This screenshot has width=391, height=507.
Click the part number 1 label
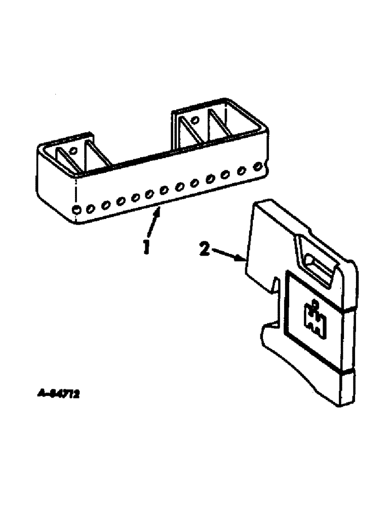click(146, 248)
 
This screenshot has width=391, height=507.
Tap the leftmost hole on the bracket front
click(76, 209)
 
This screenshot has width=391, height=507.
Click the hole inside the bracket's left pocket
click(73, 151)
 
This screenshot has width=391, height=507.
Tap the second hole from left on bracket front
click(91, 207)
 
